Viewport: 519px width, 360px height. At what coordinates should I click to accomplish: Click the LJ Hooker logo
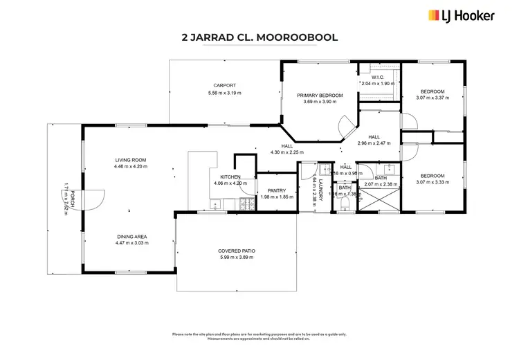461,15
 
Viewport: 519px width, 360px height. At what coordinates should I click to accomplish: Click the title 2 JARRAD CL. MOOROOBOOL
259,39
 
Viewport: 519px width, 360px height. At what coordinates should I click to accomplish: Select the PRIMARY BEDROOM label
320,95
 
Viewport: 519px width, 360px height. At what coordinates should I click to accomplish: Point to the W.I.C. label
378,77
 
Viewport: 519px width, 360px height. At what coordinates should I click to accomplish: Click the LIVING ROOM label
130,160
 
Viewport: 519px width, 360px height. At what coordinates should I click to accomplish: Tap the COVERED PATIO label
236,251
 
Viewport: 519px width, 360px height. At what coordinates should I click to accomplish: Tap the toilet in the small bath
343,204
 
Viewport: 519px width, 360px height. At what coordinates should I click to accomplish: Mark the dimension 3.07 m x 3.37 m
432,98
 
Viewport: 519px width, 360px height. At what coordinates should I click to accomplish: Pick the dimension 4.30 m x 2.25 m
286,152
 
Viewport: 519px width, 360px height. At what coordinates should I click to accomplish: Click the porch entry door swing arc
95,199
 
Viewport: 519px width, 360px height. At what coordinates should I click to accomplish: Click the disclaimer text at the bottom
259,336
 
